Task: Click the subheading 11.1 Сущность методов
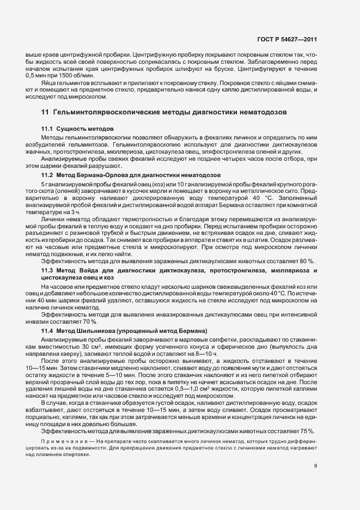click(70, 128)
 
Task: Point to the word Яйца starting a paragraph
click(47, 81)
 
